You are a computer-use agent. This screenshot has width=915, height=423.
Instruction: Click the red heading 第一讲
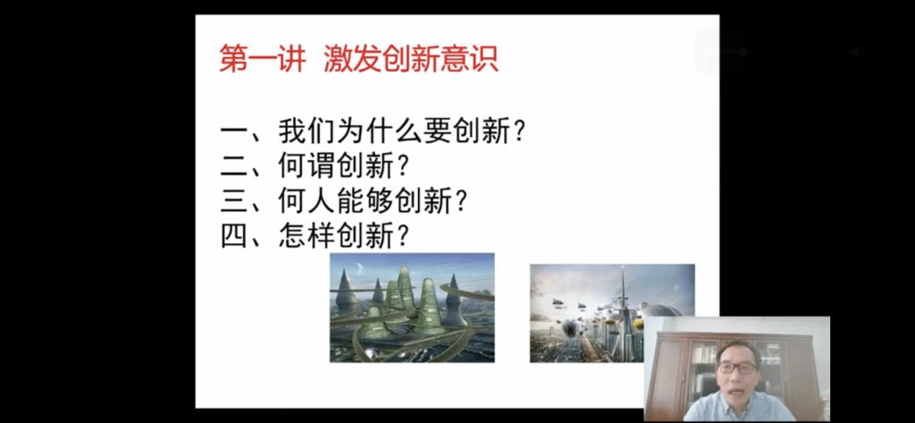click(x=263, y=60)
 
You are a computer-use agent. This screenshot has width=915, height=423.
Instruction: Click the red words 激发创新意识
click(x=411, y=60)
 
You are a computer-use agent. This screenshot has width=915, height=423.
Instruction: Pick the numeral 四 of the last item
click(x=235, y=235)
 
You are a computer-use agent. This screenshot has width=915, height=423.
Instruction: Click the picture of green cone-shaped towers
click(x=412, y=308)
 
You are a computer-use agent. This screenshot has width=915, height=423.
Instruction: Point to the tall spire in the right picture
click(x=623, y=298)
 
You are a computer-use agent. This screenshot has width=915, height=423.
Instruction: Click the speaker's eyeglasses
click(x=737, y=368)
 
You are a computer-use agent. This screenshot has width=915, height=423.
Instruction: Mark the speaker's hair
click(x=737, y=350)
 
